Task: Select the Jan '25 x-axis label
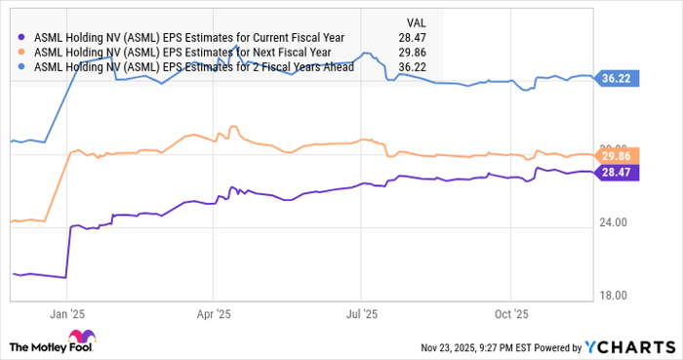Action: pos(66,314)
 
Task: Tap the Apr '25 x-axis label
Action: pos(214,314)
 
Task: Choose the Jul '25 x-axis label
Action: pos(362,314)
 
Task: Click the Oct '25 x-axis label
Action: pos(510,314)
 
